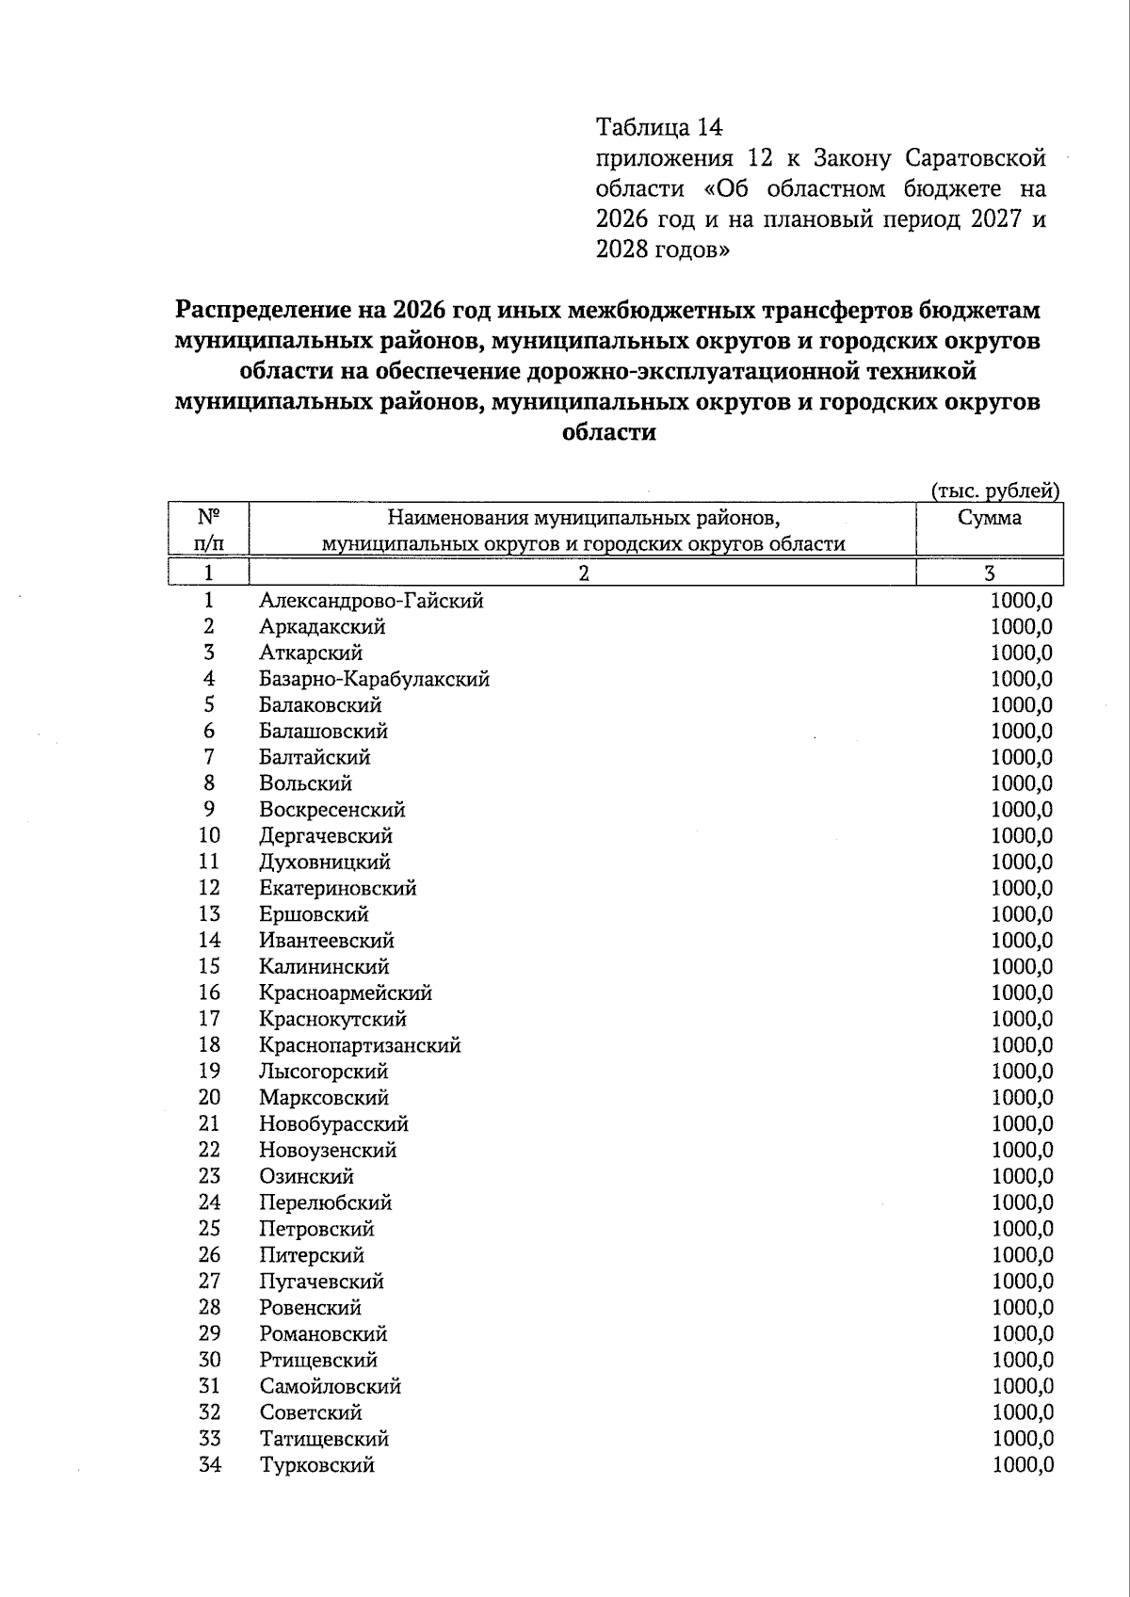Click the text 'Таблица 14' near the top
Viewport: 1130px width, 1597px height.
click(659, 126)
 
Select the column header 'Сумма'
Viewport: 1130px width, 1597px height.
click(989, 518)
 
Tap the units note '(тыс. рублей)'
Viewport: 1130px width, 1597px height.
click(995, 491)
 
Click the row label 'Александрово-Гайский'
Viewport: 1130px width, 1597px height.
click(371, 601)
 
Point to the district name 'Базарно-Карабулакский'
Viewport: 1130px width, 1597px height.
click(374, 679)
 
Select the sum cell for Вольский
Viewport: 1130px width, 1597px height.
click(1022, 783)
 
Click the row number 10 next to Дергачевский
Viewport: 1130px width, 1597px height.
click(209, 835)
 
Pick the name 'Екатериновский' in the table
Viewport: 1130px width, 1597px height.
click(337, 888)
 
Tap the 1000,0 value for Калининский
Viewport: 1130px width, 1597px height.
click(1022, 967)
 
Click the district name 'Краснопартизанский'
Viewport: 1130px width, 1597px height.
click(360, 1045)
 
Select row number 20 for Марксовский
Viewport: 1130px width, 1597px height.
click(209, 1097)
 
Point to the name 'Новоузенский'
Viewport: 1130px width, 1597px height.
click(328, 1150)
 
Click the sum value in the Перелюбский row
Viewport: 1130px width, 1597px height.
click(1022, 1202)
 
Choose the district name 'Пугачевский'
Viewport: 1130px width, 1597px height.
click(321, 1282)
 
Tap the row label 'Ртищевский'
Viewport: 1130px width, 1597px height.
click(318, 1360)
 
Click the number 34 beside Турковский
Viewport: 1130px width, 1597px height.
click(209, 1464)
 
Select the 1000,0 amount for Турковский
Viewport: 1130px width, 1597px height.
click(1022, 1465)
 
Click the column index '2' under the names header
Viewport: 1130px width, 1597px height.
click(583, 573)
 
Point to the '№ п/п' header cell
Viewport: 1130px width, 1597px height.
click(208, 529)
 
